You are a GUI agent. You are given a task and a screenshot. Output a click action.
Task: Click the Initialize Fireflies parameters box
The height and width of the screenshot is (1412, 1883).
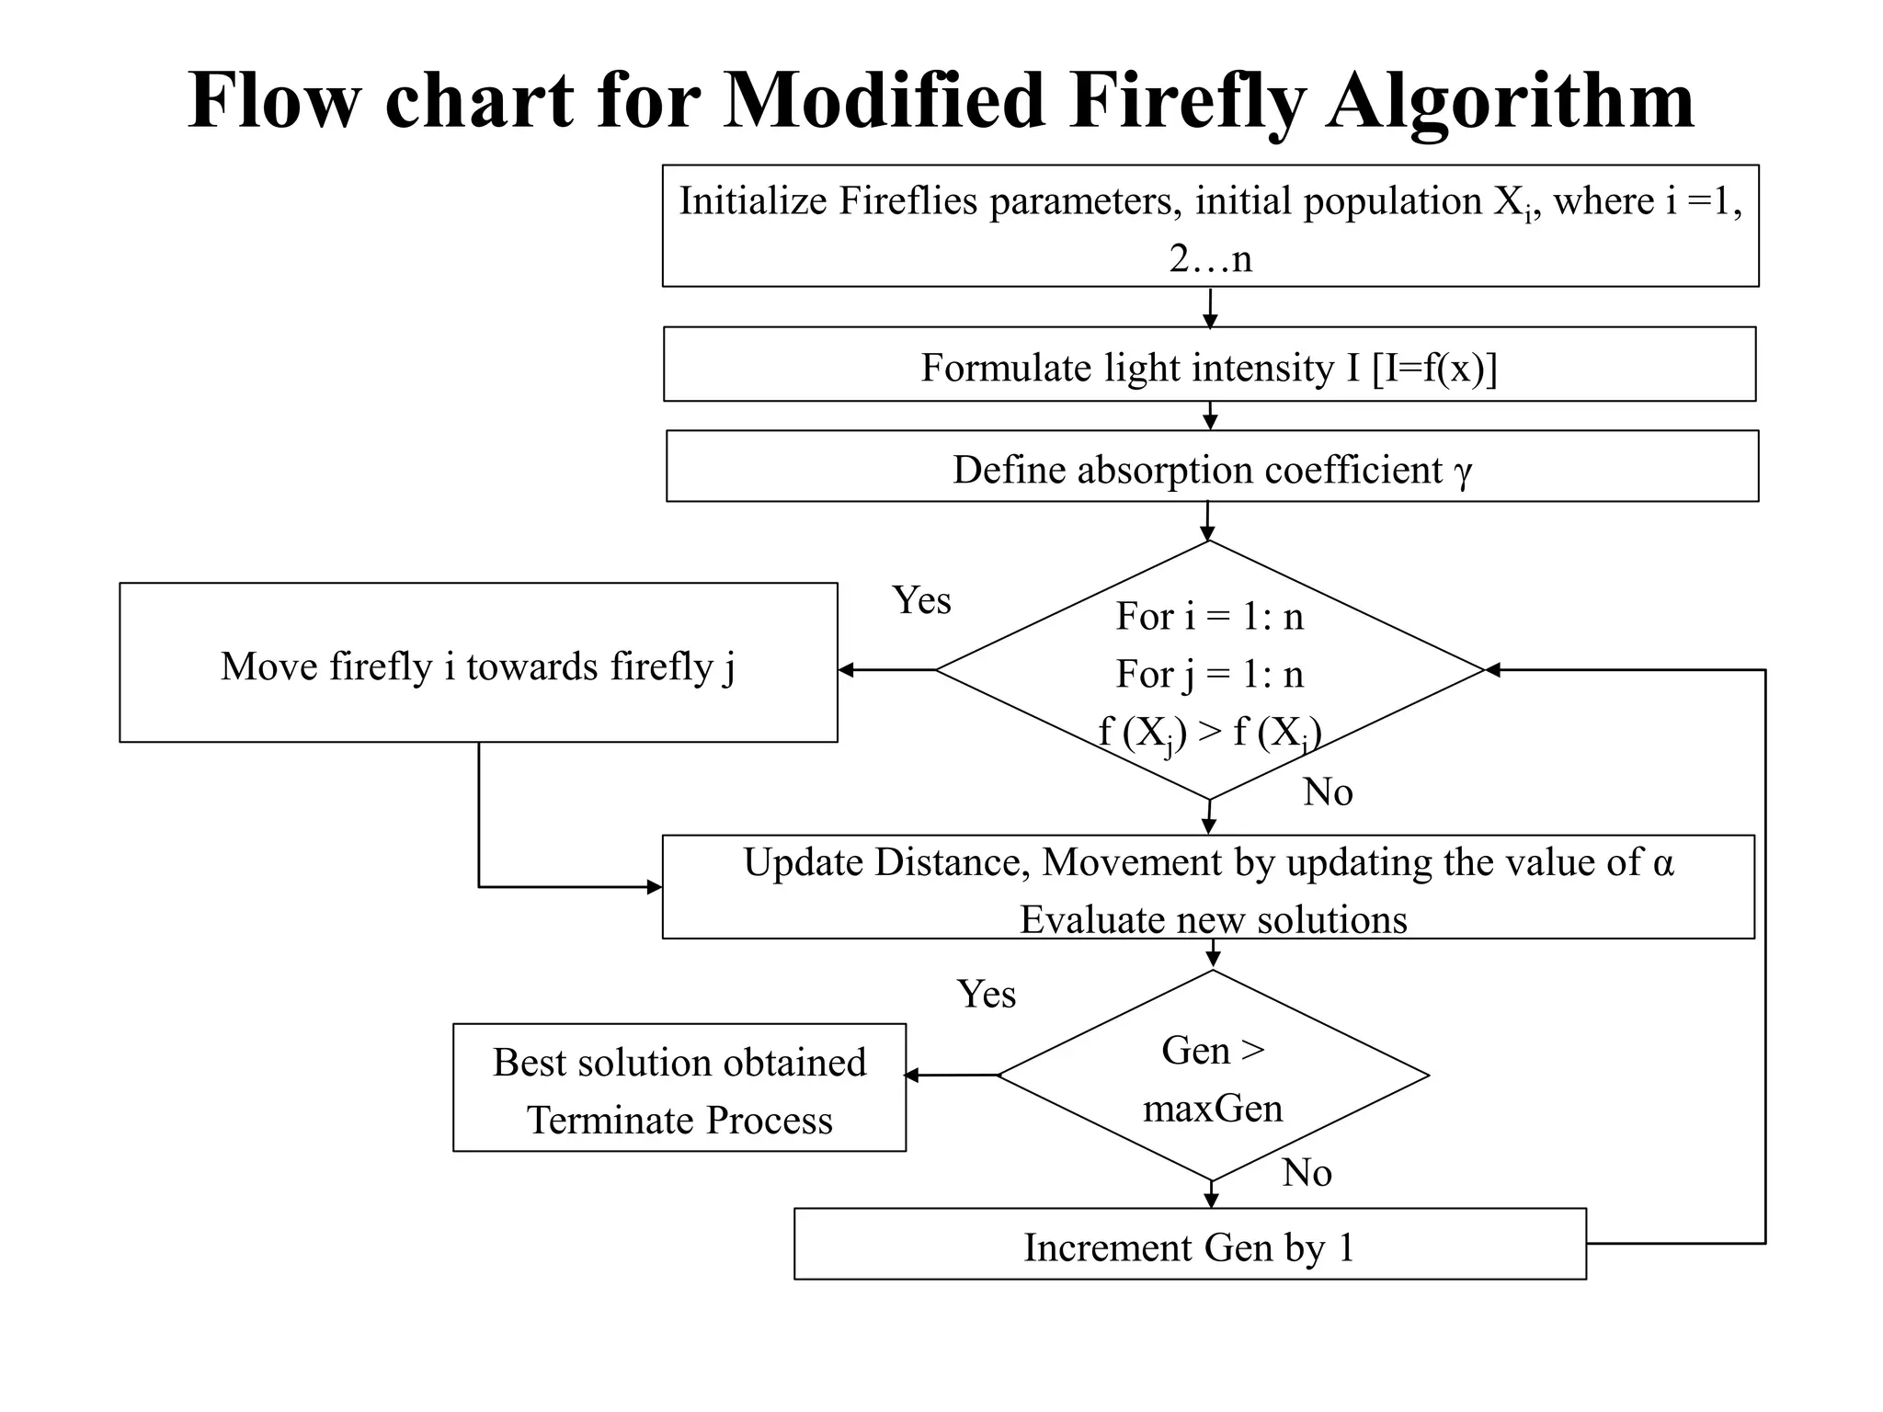click(1210, 226)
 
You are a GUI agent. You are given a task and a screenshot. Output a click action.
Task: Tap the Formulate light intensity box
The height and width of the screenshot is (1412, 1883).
click(1209, 365)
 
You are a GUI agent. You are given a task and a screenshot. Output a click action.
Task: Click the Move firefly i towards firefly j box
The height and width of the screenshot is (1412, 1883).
click(478, 664)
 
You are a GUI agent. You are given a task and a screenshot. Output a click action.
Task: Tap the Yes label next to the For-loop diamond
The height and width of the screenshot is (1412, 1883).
click(921, 601)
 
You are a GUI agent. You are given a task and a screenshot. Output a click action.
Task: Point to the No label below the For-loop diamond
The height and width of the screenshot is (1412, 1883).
click(1328, 792)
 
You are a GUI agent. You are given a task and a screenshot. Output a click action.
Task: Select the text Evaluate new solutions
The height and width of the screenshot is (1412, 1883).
click(1214, 920)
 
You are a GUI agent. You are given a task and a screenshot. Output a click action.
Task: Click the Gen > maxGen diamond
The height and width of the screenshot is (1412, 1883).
click(1213, 1076)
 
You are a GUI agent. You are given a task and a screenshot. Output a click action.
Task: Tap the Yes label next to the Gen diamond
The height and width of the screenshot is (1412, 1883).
click(987, 995)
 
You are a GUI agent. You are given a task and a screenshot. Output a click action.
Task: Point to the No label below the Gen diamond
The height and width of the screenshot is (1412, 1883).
click(1307, 1173)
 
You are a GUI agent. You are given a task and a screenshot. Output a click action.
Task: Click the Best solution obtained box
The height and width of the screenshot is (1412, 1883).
click(679, 1088)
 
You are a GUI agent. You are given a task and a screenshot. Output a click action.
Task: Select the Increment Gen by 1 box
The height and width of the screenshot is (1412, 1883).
click(1190, 1245)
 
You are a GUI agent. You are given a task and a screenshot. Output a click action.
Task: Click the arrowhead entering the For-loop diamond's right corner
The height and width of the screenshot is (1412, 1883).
click(1493, 670)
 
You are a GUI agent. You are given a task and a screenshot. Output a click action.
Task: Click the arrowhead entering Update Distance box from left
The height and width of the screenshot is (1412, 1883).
click(655, 887)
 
